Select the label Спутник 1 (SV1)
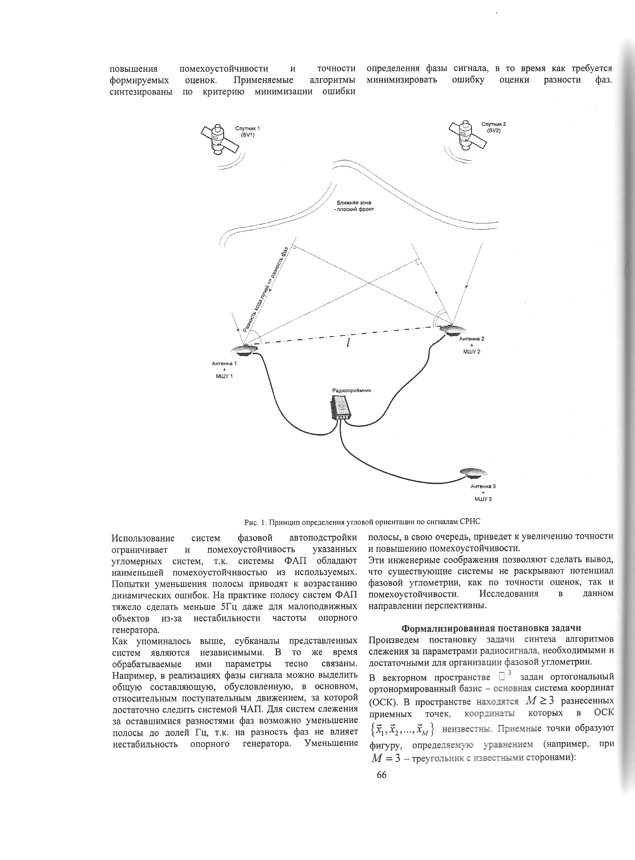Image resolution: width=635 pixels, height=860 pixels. click(247, 131)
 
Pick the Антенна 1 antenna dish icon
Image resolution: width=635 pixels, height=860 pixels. click(244, 350)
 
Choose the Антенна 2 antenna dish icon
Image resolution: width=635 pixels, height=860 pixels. click(452, 331)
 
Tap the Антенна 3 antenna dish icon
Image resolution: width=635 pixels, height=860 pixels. click(473, 473)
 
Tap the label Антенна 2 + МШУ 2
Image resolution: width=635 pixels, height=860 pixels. click(471, 345)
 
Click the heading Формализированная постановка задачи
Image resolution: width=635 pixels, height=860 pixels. click(491, 628)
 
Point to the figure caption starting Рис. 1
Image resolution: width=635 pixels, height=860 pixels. click(362, 521)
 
